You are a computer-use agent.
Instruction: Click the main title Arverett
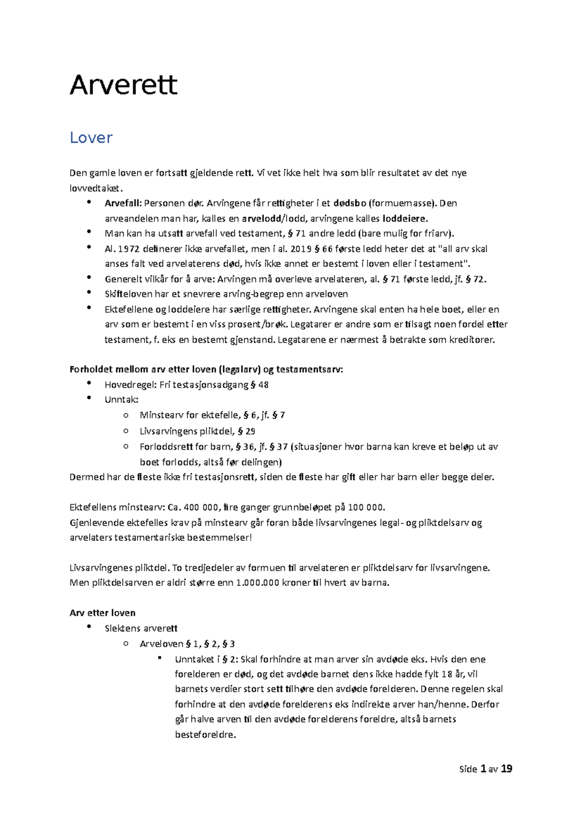(123, 85)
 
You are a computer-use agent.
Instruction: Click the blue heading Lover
(91, 138)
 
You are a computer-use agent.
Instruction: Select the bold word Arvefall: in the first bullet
(123, 203)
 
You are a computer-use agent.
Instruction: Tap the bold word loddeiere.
(405, 218)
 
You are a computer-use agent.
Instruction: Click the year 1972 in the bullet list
(129, 249)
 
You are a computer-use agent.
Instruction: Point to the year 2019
(301, 249)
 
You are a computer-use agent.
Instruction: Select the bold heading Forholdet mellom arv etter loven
(143, 369)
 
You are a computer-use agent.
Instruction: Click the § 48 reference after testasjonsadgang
(260, 385)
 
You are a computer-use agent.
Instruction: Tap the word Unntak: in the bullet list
(122, 400)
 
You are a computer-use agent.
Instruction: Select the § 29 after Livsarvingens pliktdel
(246, 431)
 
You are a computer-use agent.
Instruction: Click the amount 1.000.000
(258, 583)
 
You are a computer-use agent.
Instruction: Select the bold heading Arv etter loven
(103, 613)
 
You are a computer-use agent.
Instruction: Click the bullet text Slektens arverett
(141, 629)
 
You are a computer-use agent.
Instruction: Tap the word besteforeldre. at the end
(205, 735)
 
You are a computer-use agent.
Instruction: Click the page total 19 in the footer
(506, 769)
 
